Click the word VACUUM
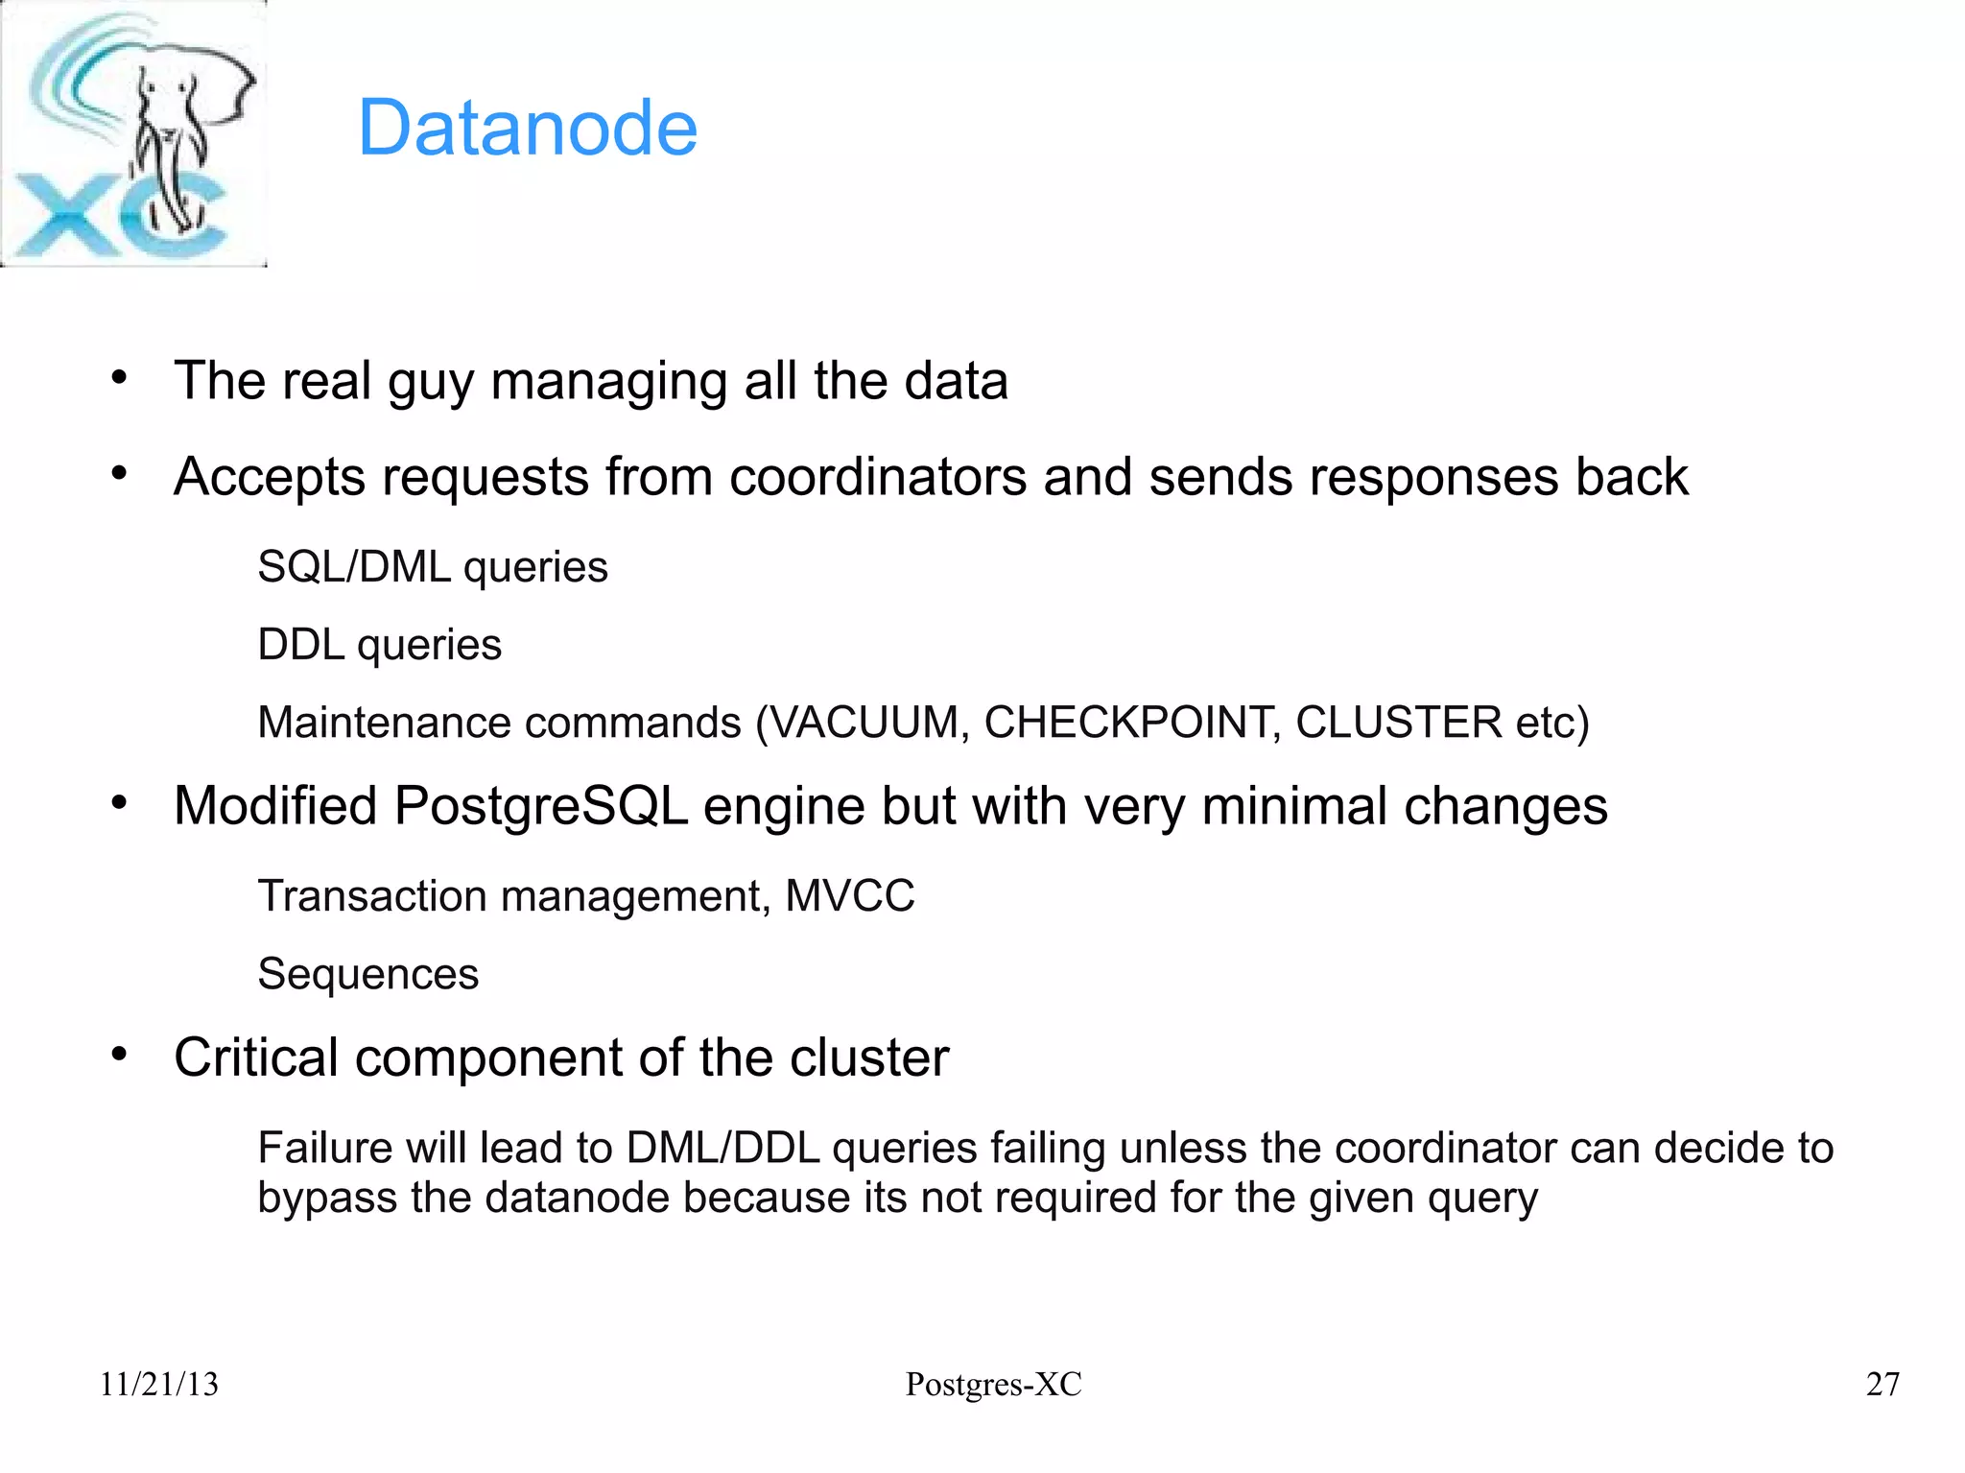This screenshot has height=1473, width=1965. [x=864, y=723]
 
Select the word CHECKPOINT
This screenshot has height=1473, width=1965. [x=1132, y=723]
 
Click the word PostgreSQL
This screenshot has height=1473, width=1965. [x=540, y=806]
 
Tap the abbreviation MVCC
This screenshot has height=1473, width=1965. [x=849, y=896]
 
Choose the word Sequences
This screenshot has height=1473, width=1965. [x=367, y=974]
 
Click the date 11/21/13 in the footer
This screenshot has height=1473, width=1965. [x=159, y=1384]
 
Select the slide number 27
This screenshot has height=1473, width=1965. [x=1882, y=1384]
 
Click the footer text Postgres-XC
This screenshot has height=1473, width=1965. [x=993, y=1384]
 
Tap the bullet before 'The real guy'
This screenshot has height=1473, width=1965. [x=118, y=377]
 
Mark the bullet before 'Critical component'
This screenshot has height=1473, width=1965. [x=118, y=1055]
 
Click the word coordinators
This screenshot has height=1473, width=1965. [x=877, y=477]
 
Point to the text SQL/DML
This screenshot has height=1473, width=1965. [x=354, y=567]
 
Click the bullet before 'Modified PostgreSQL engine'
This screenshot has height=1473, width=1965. [x=118, y=803]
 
